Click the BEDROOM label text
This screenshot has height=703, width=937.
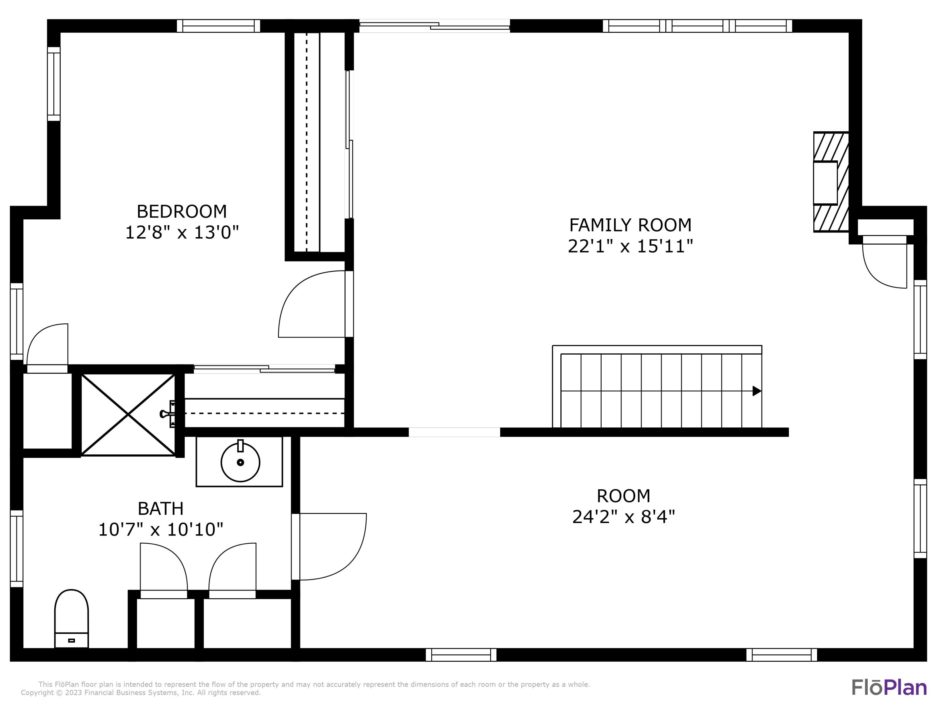click(182, 212)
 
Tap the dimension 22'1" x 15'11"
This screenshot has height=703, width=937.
click(630, 246)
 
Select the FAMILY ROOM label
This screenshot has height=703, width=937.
click(630, 225)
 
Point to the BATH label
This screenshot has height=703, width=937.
click(161, 508)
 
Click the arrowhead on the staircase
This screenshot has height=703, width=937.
click(756, 391)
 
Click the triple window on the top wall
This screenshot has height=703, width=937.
click(697, 26)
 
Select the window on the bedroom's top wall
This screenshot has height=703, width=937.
click(218, 26)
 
